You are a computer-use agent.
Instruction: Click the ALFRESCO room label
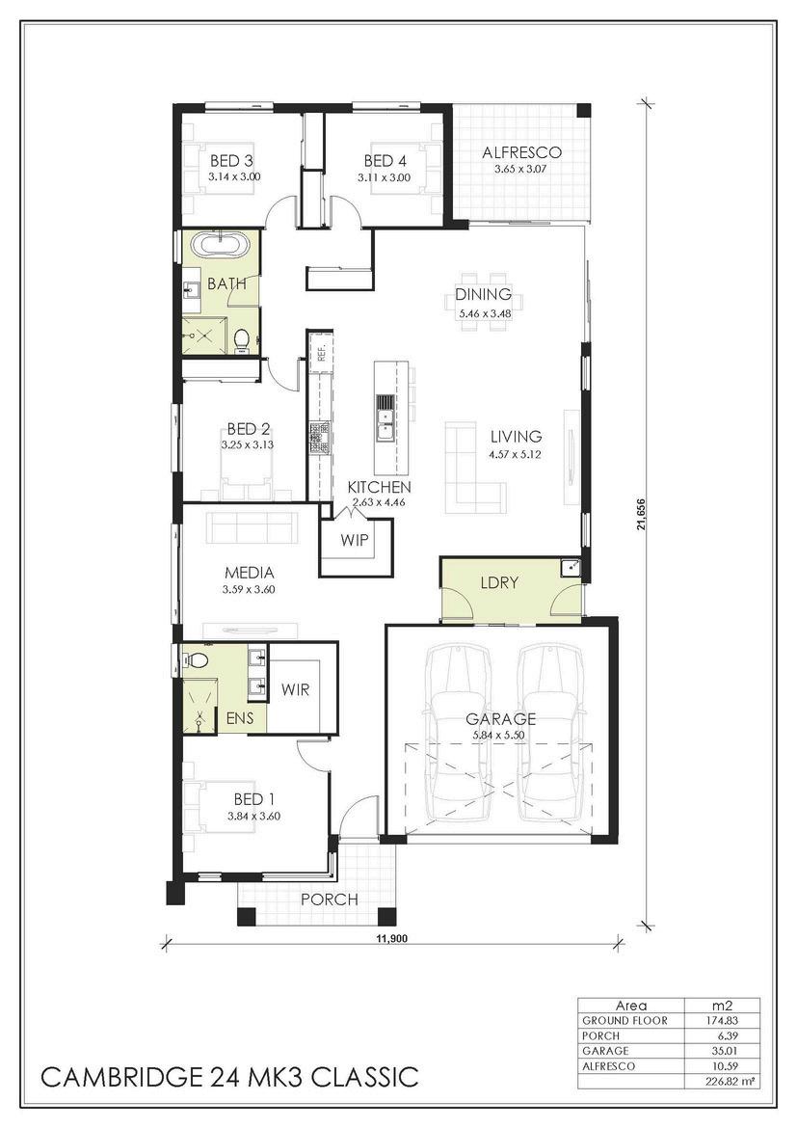coord(521,152)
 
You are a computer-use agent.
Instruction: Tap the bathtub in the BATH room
coord(224,244)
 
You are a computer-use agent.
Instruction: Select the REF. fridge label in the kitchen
coord(322,353)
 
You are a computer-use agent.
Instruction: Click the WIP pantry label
coord(354,540)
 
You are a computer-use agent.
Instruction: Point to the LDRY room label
coord(499,582)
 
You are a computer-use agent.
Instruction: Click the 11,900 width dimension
coord(388,938)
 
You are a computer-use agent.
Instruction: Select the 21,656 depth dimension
coord(640,514)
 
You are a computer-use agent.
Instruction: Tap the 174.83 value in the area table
coord(722,1020)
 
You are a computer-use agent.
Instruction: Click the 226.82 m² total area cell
coord(722,1081)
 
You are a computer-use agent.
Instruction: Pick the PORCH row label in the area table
coord(600,1035)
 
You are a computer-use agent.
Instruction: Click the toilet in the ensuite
coord(195,658)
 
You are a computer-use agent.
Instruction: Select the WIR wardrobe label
coord(295,690)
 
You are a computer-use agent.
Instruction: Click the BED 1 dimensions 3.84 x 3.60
coord(253,816)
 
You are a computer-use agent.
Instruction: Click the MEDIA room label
coord(250,573)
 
